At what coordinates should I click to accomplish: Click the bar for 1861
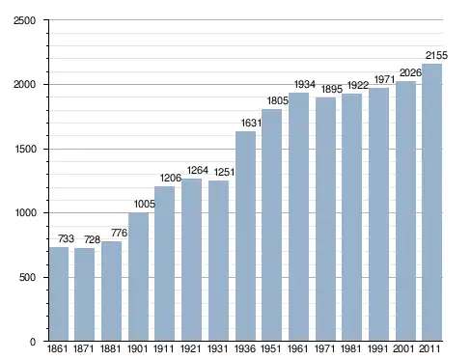click(x=59, y=294)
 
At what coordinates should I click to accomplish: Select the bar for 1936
click(x=245, y=236)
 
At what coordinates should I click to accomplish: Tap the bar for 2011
click(x=431, y=203)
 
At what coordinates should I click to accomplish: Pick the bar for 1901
click(x=138, y=277)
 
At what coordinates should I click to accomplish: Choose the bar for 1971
click(x=325, y=219)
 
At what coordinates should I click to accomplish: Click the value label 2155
click(x=436, y=55)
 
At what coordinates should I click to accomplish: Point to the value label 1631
click(x=251, y=123)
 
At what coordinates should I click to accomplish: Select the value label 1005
click(x=145, y=204)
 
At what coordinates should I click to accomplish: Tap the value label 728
click(x=92, y=239)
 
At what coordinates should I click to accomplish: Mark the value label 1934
click(x=305, y=84)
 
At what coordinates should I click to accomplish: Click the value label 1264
click(x=198, y=170)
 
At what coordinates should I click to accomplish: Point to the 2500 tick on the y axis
click(x=24, y=20)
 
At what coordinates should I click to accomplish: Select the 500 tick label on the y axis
click(x=27, y=277)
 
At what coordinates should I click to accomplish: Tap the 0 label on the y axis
click(x=33, y=342)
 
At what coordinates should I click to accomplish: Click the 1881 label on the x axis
click(x=110, y=348)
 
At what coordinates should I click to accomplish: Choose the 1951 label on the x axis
click(x=271, y=348)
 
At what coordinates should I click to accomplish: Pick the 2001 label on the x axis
click(x=404, y=348)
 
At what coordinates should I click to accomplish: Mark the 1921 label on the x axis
click(x=190, y=348)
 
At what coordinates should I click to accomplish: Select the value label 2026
click(x=410, y=72)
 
